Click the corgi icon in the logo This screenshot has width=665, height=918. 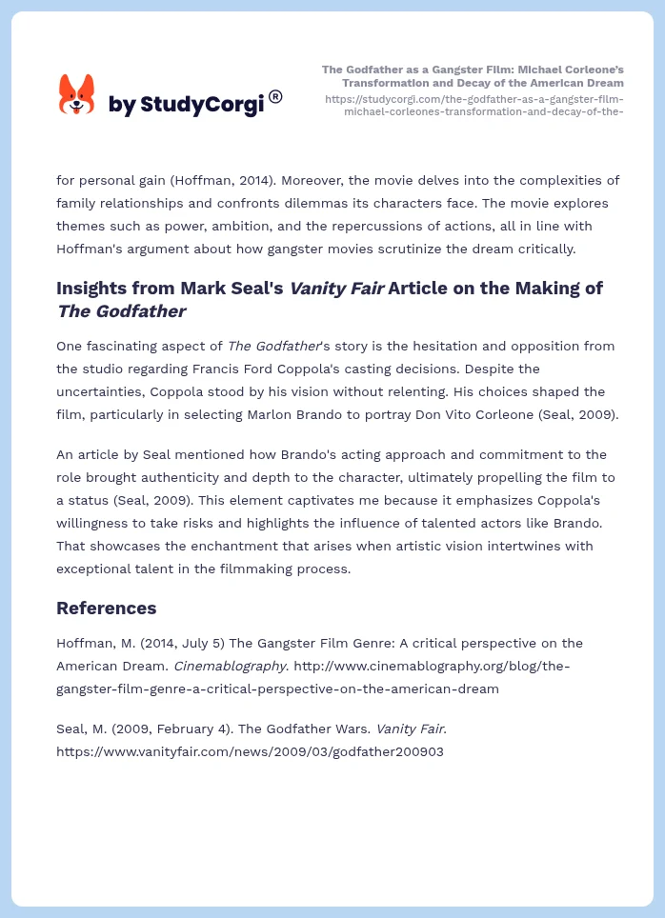pos(77,94)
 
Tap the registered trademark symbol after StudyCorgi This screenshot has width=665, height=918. pos(275,96)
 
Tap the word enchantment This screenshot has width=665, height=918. pos(252,546)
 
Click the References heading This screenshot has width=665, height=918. pos(107,608)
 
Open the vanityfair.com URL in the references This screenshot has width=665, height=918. pos(250,751)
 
